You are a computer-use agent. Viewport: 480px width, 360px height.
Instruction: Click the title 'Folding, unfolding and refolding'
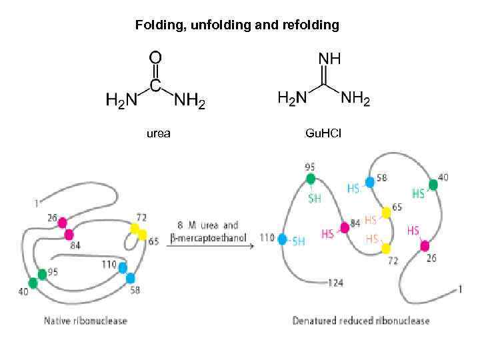237,25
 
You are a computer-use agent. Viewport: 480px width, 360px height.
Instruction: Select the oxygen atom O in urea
155,58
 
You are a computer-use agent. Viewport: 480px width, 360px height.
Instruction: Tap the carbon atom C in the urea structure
155,85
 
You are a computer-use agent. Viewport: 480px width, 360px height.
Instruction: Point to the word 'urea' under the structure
158,133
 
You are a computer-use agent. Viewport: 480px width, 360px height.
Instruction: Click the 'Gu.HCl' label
323,133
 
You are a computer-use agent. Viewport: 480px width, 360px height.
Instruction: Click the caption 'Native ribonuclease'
85,321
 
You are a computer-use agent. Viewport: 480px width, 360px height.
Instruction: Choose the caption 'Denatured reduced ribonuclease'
361,321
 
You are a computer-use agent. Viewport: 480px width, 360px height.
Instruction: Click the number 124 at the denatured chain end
335,283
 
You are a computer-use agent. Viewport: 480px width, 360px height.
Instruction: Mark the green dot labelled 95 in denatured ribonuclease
311,179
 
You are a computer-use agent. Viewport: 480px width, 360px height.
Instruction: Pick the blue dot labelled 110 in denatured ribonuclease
283,239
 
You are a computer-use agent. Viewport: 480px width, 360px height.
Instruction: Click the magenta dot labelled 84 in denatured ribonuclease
345,227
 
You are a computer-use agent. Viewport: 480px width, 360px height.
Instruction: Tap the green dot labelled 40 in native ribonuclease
33,282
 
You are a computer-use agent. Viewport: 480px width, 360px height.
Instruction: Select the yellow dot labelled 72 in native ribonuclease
135,229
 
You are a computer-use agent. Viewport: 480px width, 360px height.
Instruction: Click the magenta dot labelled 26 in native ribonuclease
62,223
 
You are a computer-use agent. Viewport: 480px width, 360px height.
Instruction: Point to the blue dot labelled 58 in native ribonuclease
131,278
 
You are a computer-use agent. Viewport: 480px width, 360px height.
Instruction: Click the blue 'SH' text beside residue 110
299,241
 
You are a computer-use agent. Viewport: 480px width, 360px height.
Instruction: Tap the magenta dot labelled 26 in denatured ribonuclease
425,245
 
